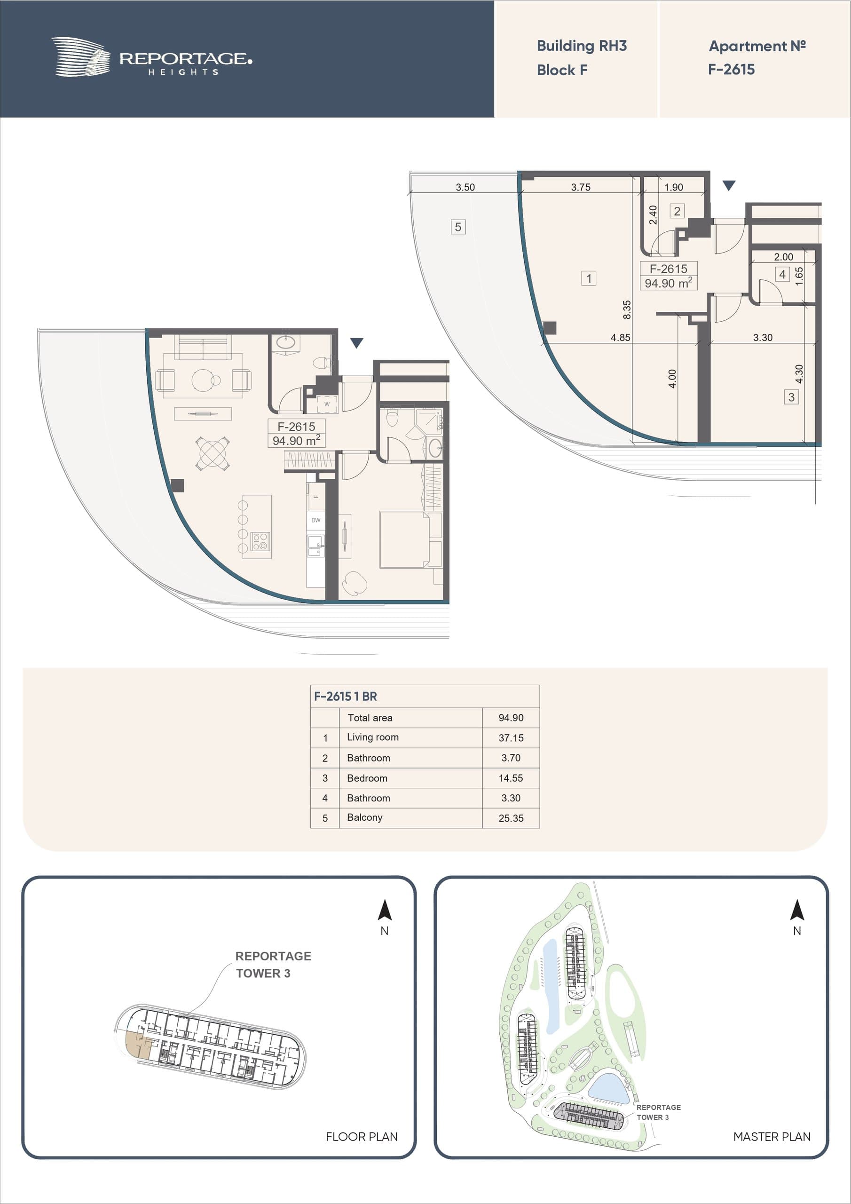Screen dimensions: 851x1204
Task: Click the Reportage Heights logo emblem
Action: pyautogui.click(x=81, y=56)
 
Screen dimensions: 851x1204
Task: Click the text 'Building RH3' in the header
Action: pyautogui.click(x=582, y=46)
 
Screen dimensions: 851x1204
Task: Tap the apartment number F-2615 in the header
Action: pyautogui.click(x=731, y=69)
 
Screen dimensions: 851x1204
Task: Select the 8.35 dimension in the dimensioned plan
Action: pyautogui.click(x=627, y=310)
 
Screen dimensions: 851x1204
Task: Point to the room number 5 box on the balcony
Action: pyautogui.click(x=458, y=227)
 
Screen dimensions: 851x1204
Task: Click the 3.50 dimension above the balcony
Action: pyautogui.click(x=465, y=187)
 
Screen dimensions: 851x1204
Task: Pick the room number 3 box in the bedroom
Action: pyautogui.click(x=791, y=397)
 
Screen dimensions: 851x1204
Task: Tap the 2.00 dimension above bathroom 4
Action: pyautogui.click(x=783, y=257)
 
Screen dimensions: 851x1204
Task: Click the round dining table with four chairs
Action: pyautogui.click(x=213, y=453)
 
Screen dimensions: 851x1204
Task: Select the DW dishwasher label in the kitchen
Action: pyautogui.click(x=315, y=520)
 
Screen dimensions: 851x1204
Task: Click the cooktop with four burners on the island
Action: pyautogui.click(x=260, y=541)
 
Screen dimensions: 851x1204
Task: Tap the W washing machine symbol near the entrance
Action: pyautogui.click(x=327, y=404)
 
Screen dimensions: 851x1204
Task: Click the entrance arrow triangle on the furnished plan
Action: pyautogui.click(x=356, y=343)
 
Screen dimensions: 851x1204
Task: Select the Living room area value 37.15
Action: pyautogui.click(x=511, y=738)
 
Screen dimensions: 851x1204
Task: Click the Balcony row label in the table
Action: pyautogui.click(x=364, y=817)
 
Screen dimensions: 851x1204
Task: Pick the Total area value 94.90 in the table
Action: pyautogui.click(x=511, y=718)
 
